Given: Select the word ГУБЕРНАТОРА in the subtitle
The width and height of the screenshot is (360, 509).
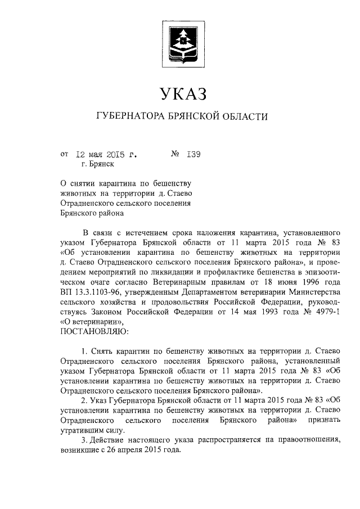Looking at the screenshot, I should [x=128, y=117].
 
